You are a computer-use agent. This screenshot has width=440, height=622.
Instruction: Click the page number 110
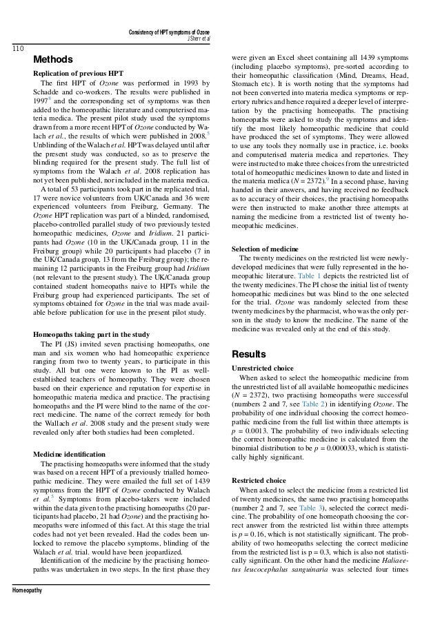[14, 48]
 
